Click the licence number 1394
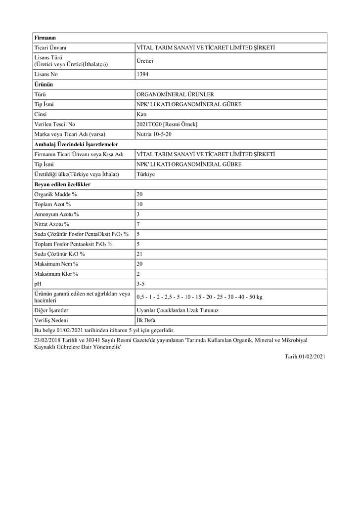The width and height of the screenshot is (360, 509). coord(142,74)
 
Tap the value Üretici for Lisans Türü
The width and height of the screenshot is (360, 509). coord(145,61)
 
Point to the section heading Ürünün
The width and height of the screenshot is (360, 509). coord(44,85)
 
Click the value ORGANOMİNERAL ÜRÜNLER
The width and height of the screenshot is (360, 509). coord(175,94)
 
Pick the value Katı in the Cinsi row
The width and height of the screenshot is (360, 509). coord(141,114)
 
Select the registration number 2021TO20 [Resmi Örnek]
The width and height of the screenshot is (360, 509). coord(167,124)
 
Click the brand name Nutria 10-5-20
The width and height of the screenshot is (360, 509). coord(154,134)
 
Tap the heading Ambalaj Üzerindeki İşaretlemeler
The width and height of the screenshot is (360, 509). coord(76,144)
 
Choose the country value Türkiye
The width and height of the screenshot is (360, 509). coord(145,174)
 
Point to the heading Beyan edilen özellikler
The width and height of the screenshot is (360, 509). coord(62,184)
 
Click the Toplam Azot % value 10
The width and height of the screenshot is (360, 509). coord(139,204)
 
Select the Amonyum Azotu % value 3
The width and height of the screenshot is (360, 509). coord(138,214)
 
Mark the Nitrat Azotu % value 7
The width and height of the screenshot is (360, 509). coord(138,224)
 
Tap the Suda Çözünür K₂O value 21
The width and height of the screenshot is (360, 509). coord(139,254)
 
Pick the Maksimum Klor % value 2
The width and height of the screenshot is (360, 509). coord(138,274)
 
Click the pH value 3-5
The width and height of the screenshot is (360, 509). coord(140,284)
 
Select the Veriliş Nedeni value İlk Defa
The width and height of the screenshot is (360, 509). coord(146,320)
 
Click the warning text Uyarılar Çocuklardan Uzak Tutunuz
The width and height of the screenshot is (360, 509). coord(177,310)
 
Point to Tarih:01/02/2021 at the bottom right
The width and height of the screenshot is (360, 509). coord(305,356)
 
